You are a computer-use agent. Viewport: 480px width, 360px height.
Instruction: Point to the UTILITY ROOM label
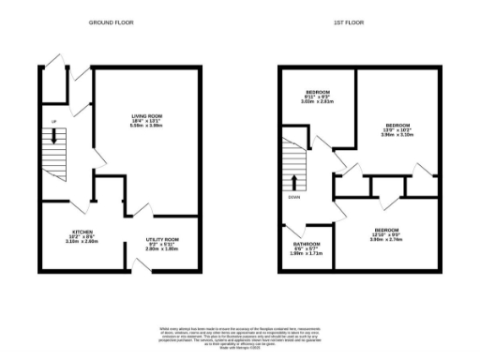pos(161,241)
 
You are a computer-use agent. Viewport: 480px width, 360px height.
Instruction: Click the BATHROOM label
pos(307,247)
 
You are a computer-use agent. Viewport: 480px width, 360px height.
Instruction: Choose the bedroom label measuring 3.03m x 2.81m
pos(319,97)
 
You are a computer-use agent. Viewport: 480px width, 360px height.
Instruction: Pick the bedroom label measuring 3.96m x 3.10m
pos(398,125)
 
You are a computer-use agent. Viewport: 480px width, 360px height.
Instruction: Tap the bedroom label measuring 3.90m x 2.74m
pos(386,231)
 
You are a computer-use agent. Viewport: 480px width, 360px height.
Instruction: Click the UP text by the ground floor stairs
pos(54,123)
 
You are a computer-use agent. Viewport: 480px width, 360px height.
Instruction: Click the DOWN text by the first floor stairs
pos(294,198)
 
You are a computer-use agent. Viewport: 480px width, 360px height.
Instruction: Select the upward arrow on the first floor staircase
pos(296,181)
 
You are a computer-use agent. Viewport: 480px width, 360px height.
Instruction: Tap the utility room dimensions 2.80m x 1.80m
pos(161,249)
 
